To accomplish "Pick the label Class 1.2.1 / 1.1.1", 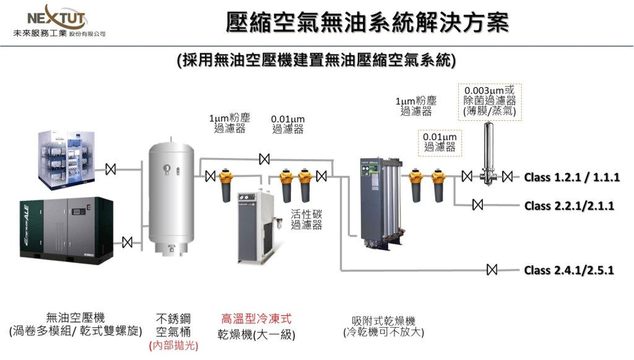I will (x=571, y=178).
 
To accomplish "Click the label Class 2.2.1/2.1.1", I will (x=569, y=205).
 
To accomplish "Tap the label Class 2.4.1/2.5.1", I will (x=569, y=270).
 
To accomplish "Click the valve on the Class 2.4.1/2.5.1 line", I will (x=492, y=270).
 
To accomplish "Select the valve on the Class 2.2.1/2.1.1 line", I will (x=477, y=204).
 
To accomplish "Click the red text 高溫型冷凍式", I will (x=256, y=319).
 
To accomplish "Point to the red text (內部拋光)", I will (x=173, y=346).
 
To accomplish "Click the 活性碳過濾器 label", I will (x=306, y=219).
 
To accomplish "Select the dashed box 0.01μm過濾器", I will (x=440, y=142).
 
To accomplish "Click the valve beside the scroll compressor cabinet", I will (x=111, y=169).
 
